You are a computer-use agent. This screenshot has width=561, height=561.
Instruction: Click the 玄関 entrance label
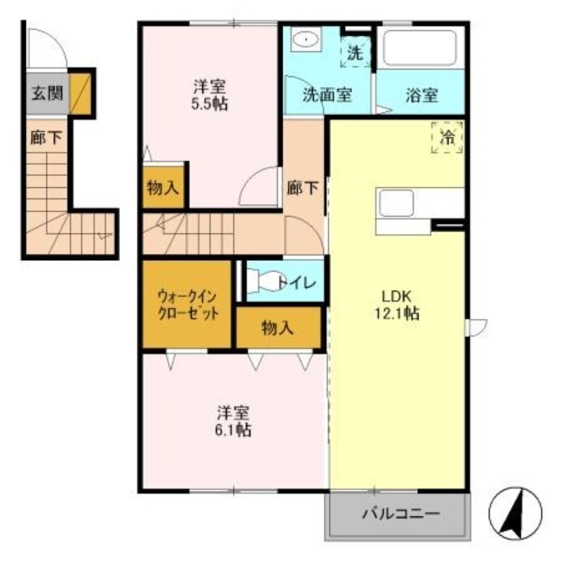click(46, 93)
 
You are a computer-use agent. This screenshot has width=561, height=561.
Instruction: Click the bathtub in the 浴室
click(419, 48)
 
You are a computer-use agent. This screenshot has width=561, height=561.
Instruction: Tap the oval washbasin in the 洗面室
click(305, 40)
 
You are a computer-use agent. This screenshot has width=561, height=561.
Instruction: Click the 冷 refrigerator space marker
click(447, 137)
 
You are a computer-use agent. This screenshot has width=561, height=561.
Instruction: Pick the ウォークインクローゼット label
click(187, 304)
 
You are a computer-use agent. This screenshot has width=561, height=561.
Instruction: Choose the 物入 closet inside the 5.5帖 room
click(163, 187)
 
